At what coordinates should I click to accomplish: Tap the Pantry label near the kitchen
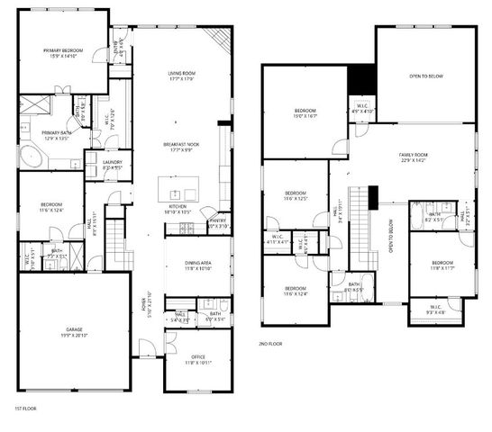click(x=217, y=222)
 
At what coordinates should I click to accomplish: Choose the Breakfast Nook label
click(x=181, y=146)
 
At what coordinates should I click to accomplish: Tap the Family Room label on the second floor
click(x=415, y=157)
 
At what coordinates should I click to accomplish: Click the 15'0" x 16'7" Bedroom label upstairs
click(x=305, y=112)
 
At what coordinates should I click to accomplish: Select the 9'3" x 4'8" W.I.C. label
click(x=434, y=310)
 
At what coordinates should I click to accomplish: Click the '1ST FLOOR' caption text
click(x=24, y=409)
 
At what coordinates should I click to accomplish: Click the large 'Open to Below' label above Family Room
click(x=426, y=77)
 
